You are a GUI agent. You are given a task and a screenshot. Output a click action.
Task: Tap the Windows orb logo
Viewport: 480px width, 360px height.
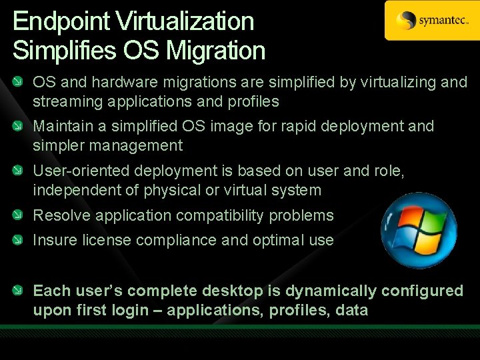point(419,230)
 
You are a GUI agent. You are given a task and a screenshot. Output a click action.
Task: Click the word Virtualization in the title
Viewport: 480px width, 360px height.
point(185,21)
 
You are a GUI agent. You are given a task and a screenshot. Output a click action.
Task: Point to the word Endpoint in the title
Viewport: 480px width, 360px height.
point(62,21)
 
